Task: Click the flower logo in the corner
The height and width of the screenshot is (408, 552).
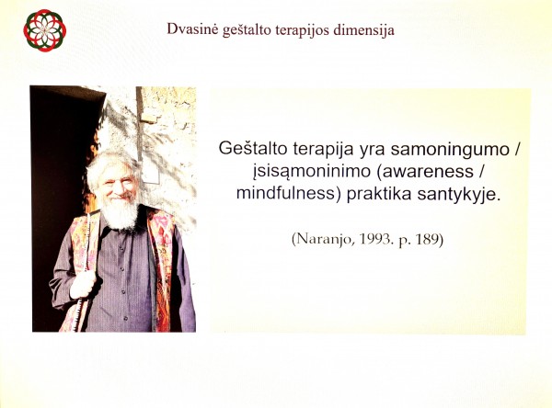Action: (x=45, y=30)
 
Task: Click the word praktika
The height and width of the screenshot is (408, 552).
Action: (x=379, y=195)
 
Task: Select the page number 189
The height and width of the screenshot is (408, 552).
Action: (x=427, y=240)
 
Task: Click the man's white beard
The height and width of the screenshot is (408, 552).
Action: (x=120, y=211)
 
